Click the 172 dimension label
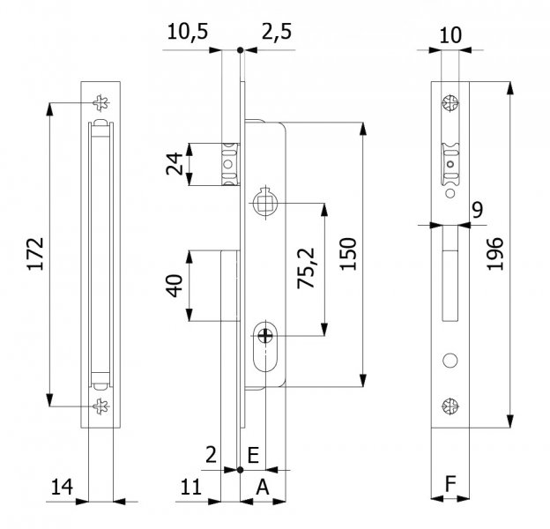pyautogui.click(x=36, y=254)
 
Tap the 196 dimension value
pyautogui.click(x=494, y=254)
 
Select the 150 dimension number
pyautogui.click(x=348, y=254)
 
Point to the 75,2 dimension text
pyautogui.click(x=306, y=268)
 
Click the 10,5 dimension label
pyautogui.click(x=188, y=32)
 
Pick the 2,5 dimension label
pyautogui.click(x=277, y=32)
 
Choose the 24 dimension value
pyautogui.click(x=175, y=164)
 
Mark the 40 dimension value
pyautogui.click(x=175, y=286)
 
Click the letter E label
pyautogui.click(x=253, y=455)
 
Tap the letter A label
pyautogui.click(x=263, y=487)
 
